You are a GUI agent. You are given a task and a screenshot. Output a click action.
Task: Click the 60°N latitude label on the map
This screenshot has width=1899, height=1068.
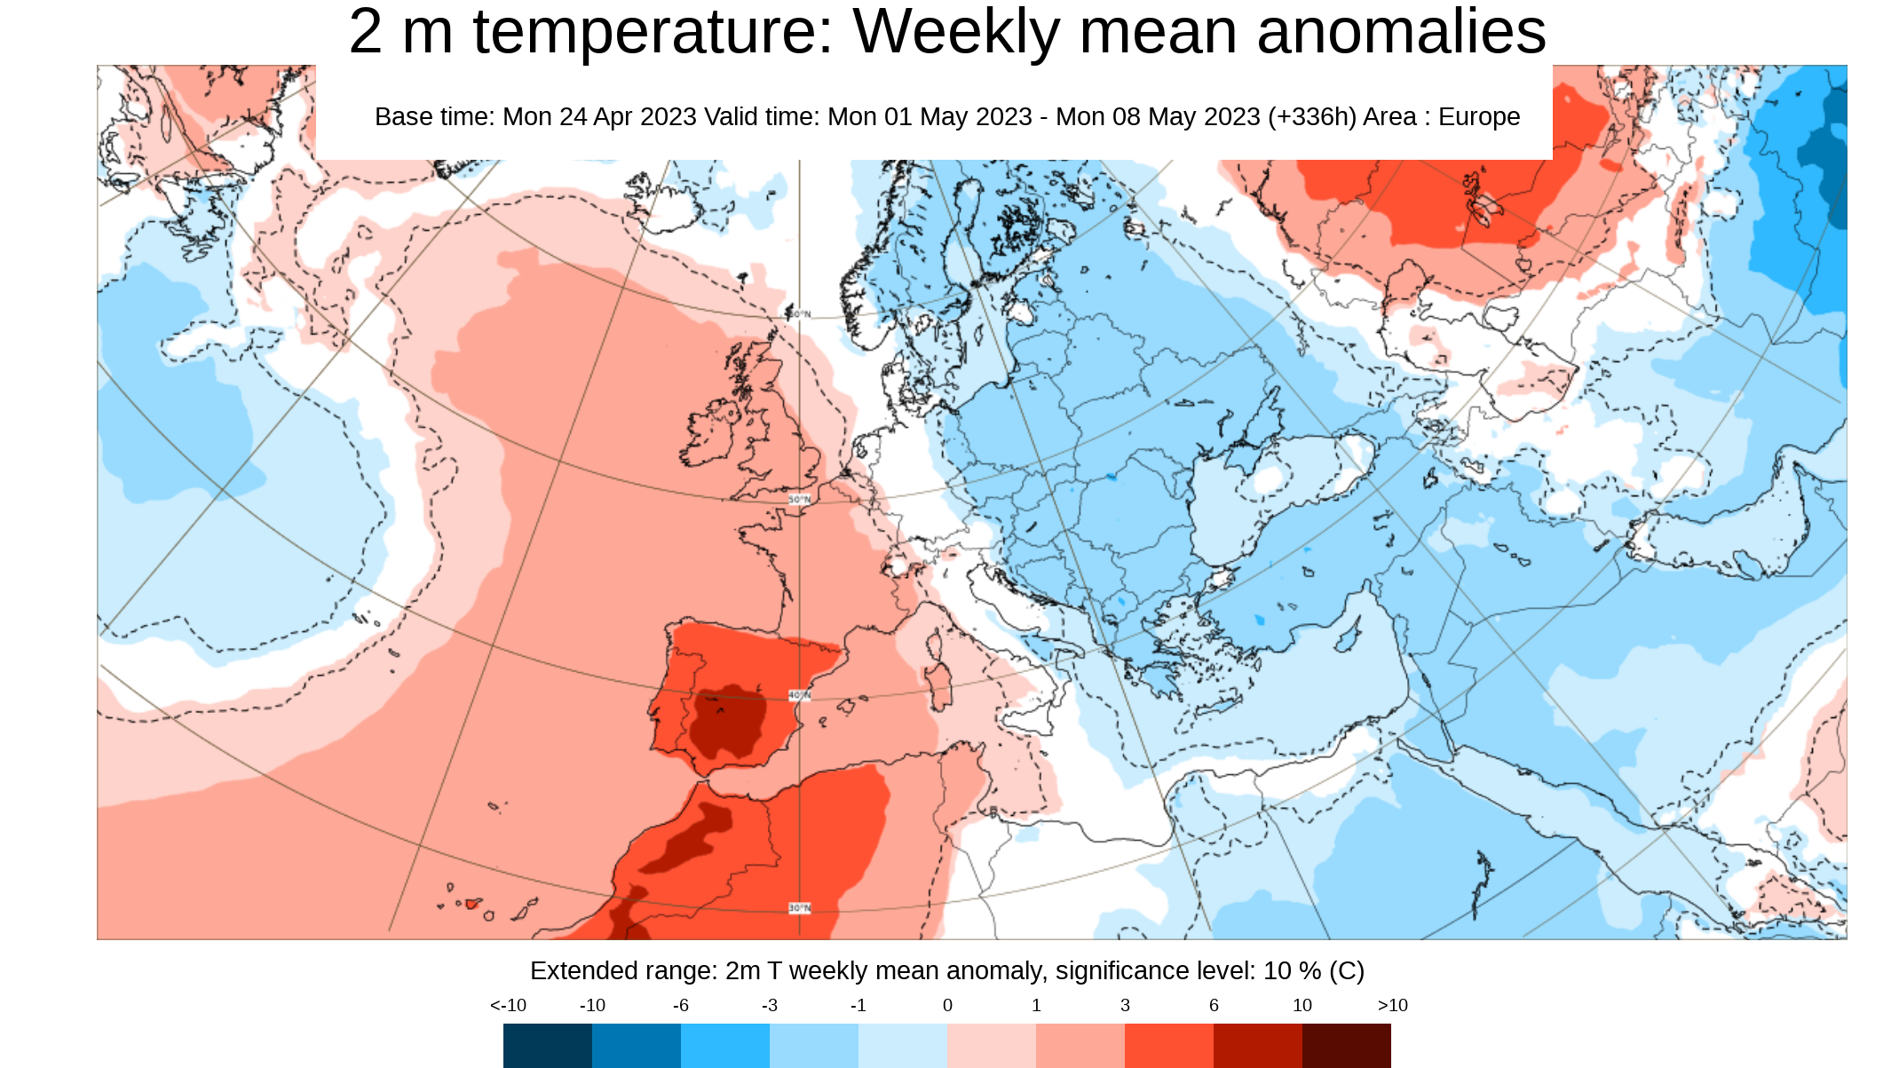pyautogui.click(x=799, y=314)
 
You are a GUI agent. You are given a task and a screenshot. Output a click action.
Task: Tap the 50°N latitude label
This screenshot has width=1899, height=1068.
pyautogui.click(x=799, y=500)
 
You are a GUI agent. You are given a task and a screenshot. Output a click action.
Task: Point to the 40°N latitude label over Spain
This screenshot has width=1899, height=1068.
pyautogui.click(x=799, y=695)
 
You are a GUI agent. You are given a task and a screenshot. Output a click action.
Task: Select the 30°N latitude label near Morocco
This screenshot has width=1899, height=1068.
pyautogui.click(x=799, y=908)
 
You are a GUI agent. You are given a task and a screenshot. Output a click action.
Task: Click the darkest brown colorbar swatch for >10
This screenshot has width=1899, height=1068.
pyautogui.click(x=1346, y=1045)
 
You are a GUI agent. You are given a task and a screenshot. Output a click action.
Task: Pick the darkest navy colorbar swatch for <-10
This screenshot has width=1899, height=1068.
pyautogui.click(x=547, y=1045)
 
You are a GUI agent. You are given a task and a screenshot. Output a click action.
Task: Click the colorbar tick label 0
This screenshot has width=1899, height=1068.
pyautogui.click(x=947, y=1005)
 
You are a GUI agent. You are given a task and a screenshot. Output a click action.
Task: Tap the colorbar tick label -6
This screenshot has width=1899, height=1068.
pyautogui.click(x=680, y=1005)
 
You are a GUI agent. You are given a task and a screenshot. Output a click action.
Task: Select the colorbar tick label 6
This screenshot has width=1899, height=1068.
pyautogui.click(x=1214, y=1005)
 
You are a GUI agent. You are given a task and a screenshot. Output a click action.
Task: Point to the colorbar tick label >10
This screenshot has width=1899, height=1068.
pyautogui.click(x=1392, y=1005)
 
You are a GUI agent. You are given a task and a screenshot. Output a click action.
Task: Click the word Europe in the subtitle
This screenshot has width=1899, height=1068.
pyautogui.click(x=1479, y=116)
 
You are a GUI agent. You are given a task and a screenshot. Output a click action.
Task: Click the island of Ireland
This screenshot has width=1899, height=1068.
pyautogui.click(x=710, y=435)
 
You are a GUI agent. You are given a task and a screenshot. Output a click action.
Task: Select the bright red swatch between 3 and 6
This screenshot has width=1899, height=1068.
pyautogui.click(x=1168, y=1045)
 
